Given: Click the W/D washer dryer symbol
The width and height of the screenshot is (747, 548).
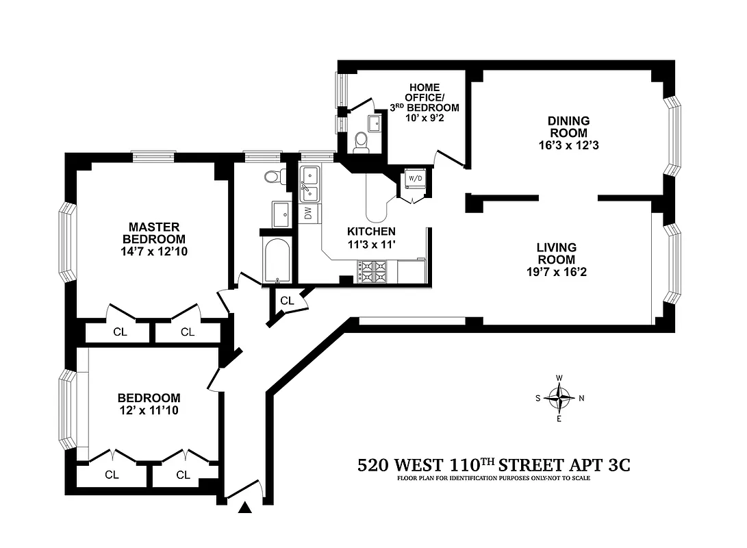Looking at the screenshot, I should point(415,179).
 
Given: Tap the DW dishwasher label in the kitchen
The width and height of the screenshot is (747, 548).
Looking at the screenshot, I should point(308,213).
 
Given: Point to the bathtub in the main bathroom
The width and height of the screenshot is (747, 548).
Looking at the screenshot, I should point(277,260).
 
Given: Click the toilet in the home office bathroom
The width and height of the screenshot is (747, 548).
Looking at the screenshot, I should point(362,141).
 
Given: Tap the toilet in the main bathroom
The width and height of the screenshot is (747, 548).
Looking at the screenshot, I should point(273,176).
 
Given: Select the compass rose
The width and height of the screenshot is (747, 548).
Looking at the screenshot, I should point(561,398).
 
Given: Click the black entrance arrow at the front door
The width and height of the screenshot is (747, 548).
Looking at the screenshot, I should point(244,508).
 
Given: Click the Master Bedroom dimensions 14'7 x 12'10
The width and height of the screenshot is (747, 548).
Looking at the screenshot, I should point(154,251).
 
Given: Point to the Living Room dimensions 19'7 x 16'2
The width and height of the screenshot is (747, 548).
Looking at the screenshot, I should point(556,272).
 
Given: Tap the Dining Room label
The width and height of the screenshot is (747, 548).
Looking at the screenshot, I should point(568,127).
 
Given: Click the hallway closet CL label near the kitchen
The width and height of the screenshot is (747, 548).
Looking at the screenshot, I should point(287,299).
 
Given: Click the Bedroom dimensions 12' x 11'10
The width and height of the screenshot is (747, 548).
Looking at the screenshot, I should point(149,410).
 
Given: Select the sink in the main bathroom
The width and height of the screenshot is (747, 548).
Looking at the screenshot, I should point(281,214).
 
